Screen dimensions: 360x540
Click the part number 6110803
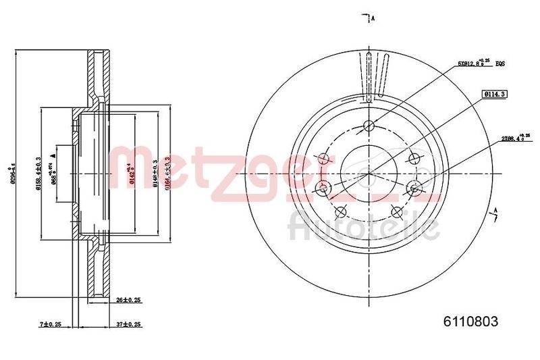(471, 323)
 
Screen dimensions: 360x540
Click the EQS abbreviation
(500, 63)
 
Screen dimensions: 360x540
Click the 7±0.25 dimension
(51, 324)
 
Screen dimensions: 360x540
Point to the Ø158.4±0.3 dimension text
(38, 174)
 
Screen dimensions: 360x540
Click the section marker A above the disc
(372, 18)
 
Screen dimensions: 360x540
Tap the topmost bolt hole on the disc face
(369, 125)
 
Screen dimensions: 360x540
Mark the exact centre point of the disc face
(369, 174)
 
